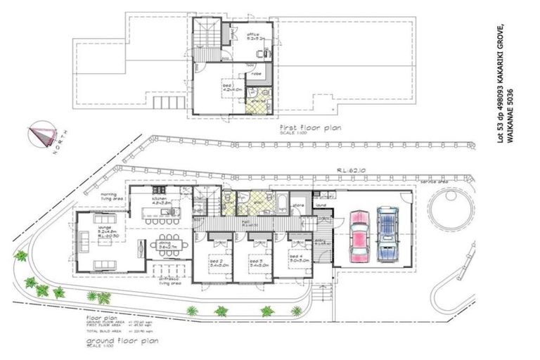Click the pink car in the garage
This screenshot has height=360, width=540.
pyautogui.click(x=360, y=235)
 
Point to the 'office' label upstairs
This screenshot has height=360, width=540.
pyautogui.click(x=253, y=34)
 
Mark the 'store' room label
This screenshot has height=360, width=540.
pyautogui.click(x=298, y=206)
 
